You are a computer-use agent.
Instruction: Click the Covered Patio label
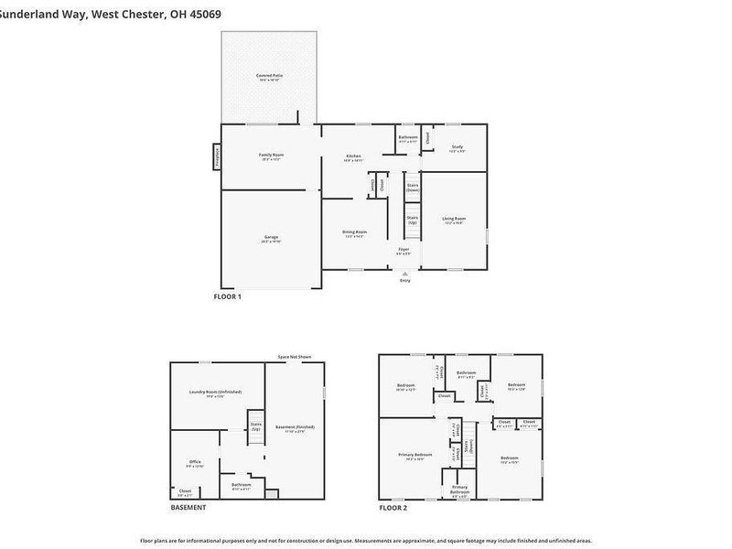(x=269, y=77)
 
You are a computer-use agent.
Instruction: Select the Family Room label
(x=271, y=156)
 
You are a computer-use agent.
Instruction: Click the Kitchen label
(x=354, y=157)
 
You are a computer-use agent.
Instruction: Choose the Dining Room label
(x=354, y=233)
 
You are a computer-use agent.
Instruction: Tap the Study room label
(x=457, y=148)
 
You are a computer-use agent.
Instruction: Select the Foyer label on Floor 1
(x=404, y=251)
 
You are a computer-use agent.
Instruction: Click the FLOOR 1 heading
(x=227, y=296)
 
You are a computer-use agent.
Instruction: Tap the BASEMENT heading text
(x=188, y=507)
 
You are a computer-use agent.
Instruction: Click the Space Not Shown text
(x=295, y=357)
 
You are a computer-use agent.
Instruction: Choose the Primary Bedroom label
(x=415, y=456)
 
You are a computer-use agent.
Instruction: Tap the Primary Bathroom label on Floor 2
(x=459, y=490)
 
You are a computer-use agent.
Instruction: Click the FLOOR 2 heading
(x=393, y=507)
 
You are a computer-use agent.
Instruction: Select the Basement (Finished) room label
(x=294, y=428)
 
